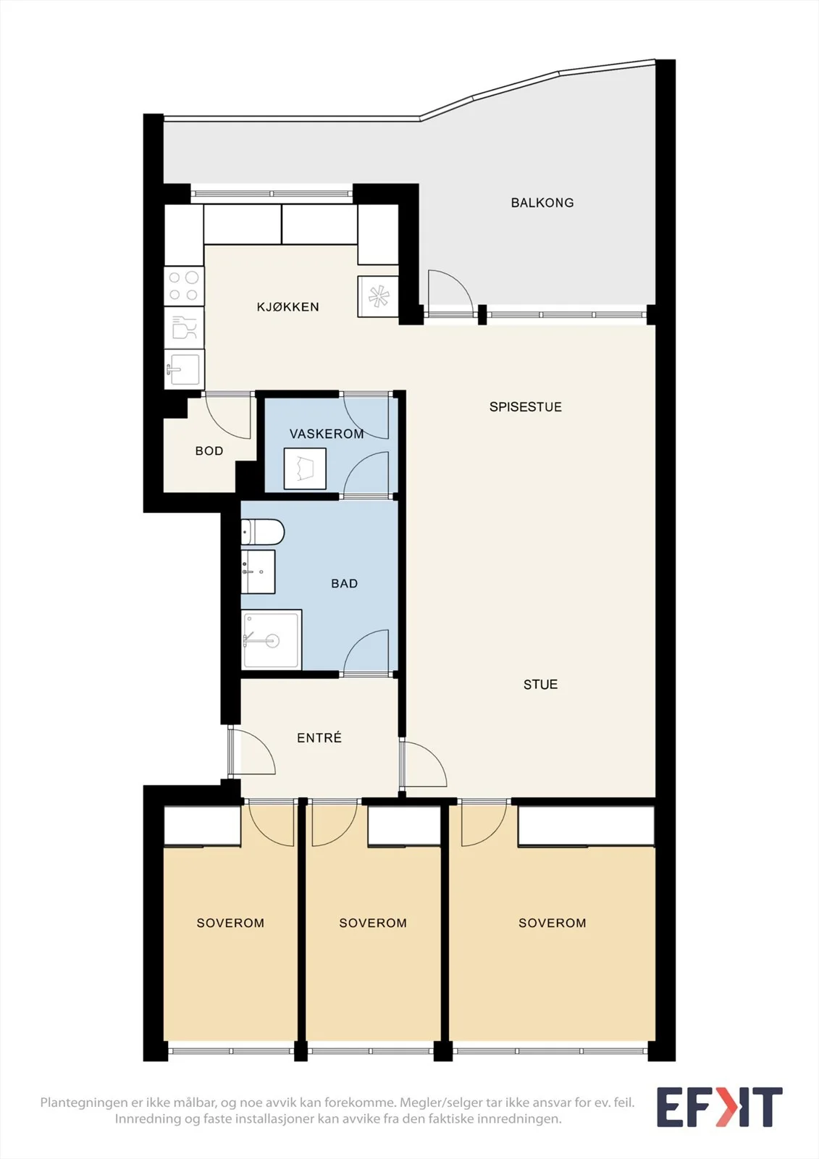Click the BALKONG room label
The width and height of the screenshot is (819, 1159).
[542, 203]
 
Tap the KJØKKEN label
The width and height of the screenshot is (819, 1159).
[287, 307]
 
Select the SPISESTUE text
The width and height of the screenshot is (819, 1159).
[526, 406]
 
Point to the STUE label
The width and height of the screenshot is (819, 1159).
[541, 685]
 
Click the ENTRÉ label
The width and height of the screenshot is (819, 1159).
[319, 737]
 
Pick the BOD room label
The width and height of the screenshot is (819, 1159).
[209, 451]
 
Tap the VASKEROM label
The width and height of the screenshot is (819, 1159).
[327, 434]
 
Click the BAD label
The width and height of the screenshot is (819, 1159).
[344, 584]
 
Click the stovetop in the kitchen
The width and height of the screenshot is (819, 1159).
[184, 286]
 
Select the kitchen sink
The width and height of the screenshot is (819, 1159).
[184, 369]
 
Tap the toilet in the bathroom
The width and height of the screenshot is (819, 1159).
[262, 532]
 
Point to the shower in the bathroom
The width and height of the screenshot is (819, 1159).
[271, 640]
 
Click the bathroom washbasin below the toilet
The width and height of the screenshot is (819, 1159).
[258, 572]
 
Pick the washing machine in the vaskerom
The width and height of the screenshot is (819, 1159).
[305, 468]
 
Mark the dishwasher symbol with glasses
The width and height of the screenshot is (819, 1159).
[184, 327]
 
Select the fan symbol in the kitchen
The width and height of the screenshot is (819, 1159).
[378, 296]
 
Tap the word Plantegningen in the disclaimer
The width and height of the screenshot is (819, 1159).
[83, 1102]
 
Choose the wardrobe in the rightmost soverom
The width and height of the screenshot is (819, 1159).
[586, 825]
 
